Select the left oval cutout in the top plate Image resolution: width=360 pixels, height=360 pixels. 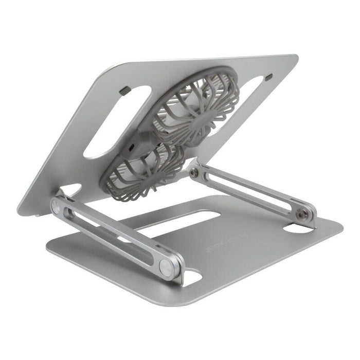pyautogui.click(x=118, y=121)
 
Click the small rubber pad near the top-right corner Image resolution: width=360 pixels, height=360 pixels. pyautogui.click(x=268, y=77)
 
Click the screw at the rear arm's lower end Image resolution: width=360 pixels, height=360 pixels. pyautogui.click(x=306, y=215)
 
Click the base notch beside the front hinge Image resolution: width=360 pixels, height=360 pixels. pyautogui.click(x=192, y=278)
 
